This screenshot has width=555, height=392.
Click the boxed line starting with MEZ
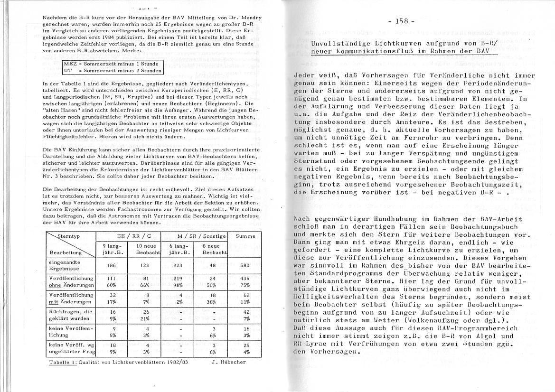113,63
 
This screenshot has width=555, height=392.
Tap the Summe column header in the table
245,236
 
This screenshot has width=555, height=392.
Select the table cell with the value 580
245,265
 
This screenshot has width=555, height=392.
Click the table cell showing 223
178,265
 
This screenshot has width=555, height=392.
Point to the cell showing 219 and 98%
178,281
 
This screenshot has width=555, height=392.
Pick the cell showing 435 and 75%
245,281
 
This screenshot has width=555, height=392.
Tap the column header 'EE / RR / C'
128,236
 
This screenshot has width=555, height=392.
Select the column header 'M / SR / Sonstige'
195,236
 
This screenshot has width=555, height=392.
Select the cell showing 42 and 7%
245,315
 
